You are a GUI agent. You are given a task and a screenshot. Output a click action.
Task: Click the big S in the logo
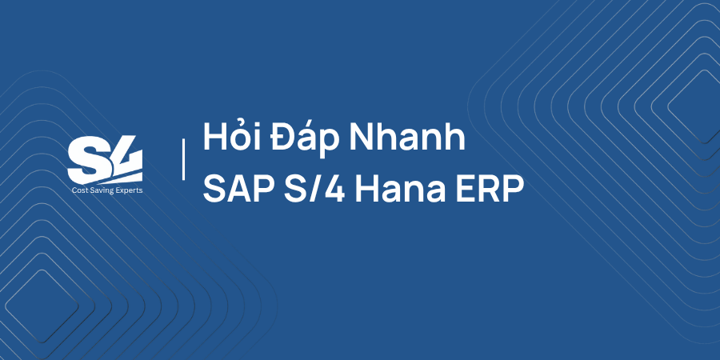click(86, 160)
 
